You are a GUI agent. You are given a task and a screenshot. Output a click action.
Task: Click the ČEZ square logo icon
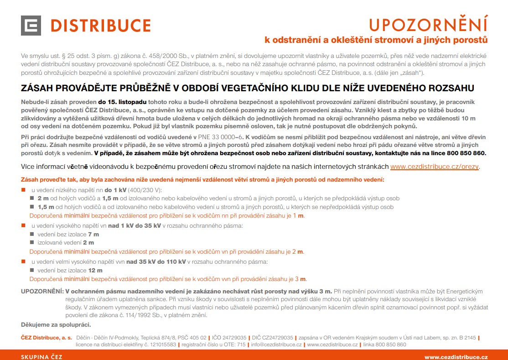[x=31, y=26]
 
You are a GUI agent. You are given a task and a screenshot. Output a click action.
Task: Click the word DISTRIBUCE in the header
[x=101, y=26]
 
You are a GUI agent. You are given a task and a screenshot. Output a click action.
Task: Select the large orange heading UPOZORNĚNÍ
[x=428, y=24]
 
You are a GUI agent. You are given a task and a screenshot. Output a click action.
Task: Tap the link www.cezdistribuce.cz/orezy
[x=435, y=167]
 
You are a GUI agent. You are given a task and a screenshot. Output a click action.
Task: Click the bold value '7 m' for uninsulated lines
[x=93, y=234]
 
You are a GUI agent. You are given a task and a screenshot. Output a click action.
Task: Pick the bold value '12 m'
[x=95, y=271]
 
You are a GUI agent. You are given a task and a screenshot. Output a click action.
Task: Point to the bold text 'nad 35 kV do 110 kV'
[x=156, y=262]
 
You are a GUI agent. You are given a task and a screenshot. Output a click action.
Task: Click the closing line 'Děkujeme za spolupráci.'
[x=56, y=325]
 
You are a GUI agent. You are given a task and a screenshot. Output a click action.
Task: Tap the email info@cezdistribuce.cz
[x=276, y=344]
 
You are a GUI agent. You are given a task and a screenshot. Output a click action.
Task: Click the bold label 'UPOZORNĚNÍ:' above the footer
[x=42, y=291]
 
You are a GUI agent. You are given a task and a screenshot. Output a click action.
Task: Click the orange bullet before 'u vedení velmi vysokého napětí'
[x=23, y=262]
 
